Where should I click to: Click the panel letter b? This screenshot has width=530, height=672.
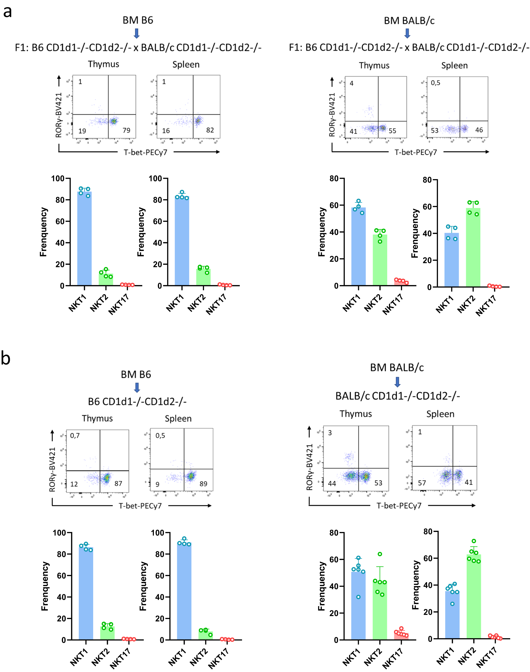click(x=6, y=358)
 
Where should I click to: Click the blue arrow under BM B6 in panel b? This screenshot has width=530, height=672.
click(x=136, y=388)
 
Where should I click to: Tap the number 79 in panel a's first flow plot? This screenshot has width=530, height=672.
click(x=126, y=130)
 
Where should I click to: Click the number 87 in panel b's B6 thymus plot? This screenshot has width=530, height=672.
click(x=118, y=484)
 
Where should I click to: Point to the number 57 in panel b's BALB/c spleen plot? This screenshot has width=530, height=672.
click(x=422, y=483)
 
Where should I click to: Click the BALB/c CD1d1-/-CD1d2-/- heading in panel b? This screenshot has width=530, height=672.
click(x=397, y=396)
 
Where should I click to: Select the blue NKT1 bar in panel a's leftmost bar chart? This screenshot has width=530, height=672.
click(x=84, y=238)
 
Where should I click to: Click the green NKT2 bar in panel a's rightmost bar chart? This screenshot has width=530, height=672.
click(x=473, y=248)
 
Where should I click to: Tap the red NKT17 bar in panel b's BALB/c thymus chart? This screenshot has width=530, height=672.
click(x=401, y=636)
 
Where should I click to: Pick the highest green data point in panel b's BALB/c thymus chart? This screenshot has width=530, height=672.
click(x=380, y=554)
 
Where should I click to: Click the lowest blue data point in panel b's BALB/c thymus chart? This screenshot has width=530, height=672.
click(x=358, y=597)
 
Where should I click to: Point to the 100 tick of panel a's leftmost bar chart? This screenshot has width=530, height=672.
click(x=58, y=179)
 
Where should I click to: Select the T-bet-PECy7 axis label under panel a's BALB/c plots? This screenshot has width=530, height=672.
click(x=415, y=152)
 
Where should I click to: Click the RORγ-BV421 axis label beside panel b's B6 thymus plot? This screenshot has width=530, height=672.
click(x=52, y=469)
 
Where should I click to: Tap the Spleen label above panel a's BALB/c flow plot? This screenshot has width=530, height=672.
click(x=454, y=66)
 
